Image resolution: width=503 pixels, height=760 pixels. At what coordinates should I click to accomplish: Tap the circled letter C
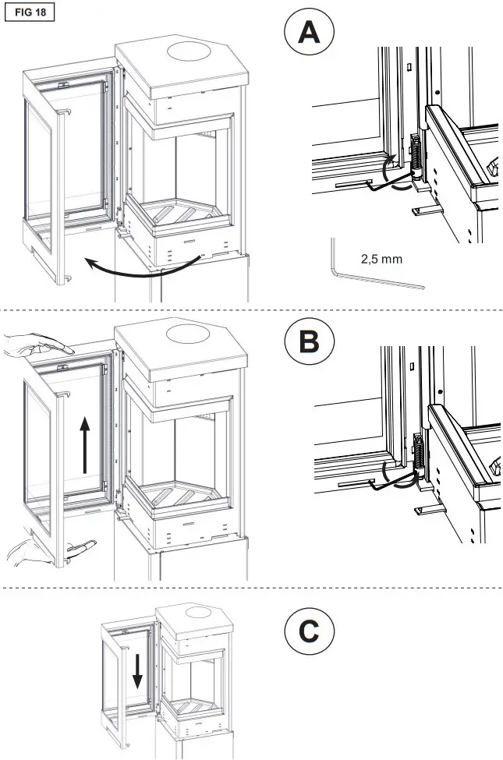pyautogui.click(x=309, y=631)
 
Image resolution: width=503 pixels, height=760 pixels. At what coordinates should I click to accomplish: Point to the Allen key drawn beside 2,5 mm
pyautogui.click(x=367, y=272)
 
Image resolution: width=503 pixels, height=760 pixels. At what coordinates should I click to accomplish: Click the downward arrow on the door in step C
pyautogui.click(x=137, y=670)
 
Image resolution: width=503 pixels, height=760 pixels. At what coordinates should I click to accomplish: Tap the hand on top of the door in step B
pyautogui.click(x=39, y=343)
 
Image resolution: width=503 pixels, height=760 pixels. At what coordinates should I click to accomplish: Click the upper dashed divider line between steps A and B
pyautogui.click(x=251, y=310)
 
